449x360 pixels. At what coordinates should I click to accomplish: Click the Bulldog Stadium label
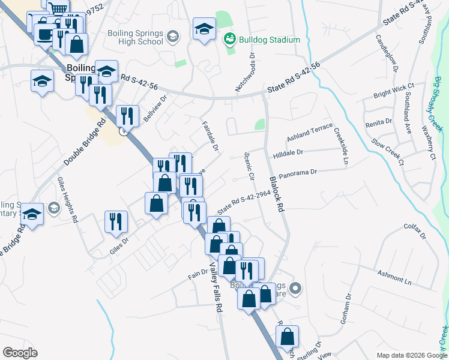pyautogui.click(x=270, y=40)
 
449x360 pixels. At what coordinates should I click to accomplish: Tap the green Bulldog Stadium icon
pyautogui.click(x=229, y=40)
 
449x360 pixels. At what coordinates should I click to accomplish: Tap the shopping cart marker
pyautogui.click(x=58, y=8)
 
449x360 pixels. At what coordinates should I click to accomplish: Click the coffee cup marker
pyautogui.click(x=44, y=34)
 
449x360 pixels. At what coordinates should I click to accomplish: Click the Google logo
pyautogui.click(x=20, y=353)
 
